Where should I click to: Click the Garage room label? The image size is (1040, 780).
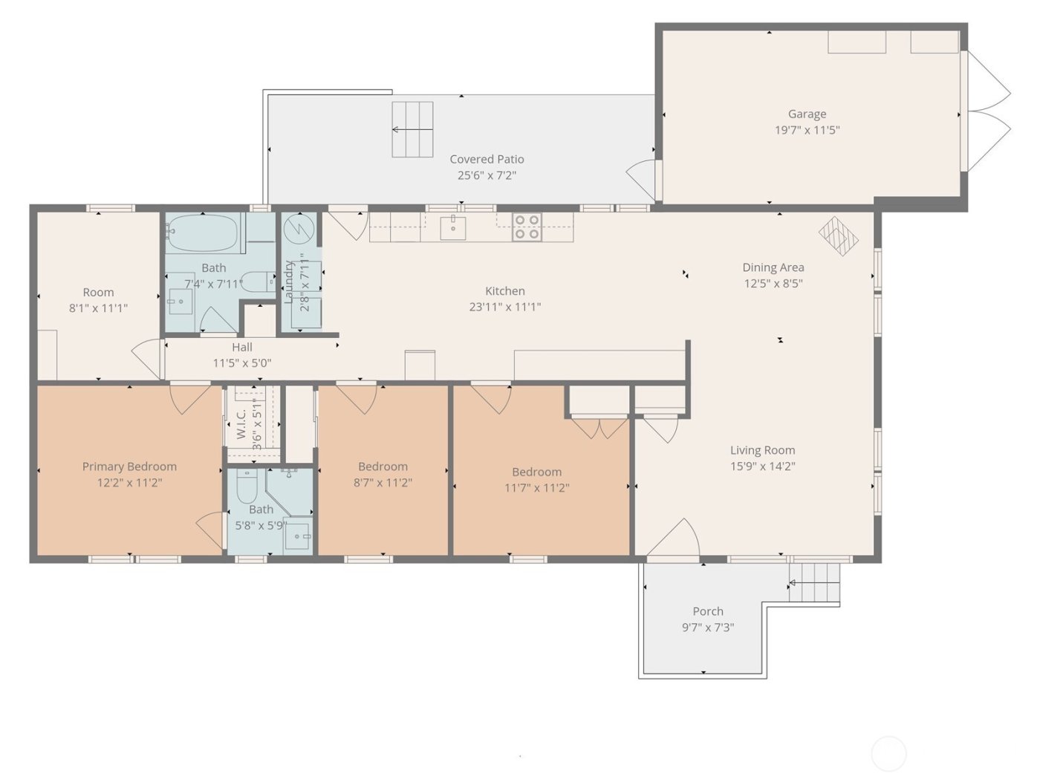[x=807, y=114]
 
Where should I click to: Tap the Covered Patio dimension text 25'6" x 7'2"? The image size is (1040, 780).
[x=487, y=175]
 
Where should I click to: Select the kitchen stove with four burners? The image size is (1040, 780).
[x=527, y=227]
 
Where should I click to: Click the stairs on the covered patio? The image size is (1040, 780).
[x=412, y=129]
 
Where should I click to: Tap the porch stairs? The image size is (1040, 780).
[x=814, y=583]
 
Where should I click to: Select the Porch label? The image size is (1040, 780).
[x=707, y=611]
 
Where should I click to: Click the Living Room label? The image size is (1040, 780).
[x=762, y=450]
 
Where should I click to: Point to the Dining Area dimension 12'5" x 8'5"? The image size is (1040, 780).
[x=773, y=283]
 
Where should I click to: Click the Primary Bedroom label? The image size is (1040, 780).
[x=129, y=467]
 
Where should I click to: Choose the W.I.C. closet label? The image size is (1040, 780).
[x=241, y=424]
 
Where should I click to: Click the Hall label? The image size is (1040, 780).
[x=242, y=347]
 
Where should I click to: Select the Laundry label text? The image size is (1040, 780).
[x=289, y=281]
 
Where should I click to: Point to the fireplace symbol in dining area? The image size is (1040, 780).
[x=839, y=235]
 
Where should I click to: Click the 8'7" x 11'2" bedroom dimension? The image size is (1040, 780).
[x=383, y=482]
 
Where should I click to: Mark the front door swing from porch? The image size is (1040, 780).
[x=673, y=538]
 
